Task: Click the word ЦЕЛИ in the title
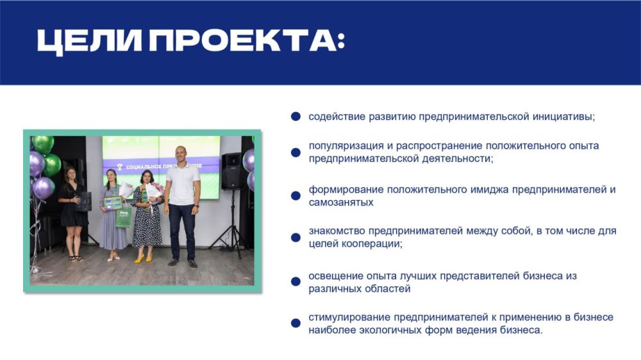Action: tap(89, 41)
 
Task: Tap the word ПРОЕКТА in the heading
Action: tap(243, 40)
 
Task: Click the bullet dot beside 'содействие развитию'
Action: tap(296, 117)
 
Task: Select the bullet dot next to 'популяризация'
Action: tap(296, 152)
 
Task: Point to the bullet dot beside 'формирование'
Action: tap(296, 196)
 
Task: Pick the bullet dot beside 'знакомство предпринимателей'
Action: tap(296, 238)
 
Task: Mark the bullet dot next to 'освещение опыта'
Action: tap(296, 282)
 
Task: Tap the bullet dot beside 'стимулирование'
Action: tap(296, 323)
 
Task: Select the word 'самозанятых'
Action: tap(341, 202)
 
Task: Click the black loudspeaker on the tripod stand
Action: tap(232, 171)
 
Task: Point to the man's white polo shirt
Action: tap(183, 184)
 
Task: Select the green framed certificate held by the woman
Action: tap(113, 202)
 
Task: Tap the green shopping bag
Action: tap(124, 217)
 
